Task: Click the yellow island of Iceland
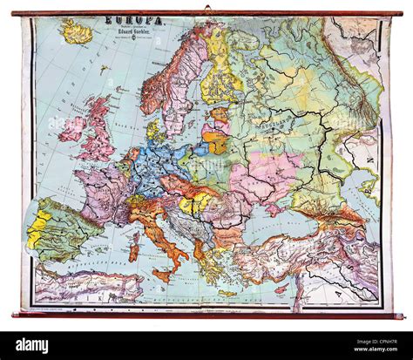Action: [x=77, y=33]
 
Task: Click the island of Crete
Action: [x=227, y=294]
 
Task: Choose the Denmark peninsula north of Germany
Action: [x=152, y=131]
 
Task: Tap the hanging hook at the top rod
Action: [x=207, y=9]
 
